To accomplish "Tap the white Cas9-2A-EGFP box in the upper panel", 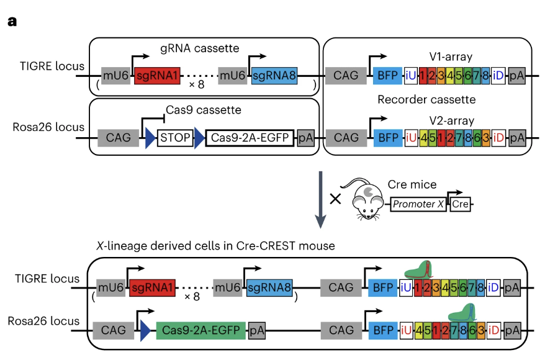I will pyautogui.click(x=249, y=138).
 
